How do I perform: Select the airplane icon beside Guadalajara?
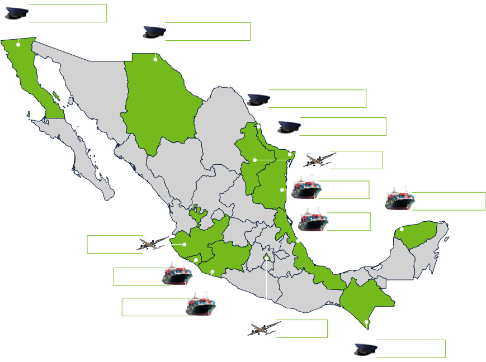point(152,244)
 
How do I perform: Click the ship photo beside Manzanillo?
point(177,273)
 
